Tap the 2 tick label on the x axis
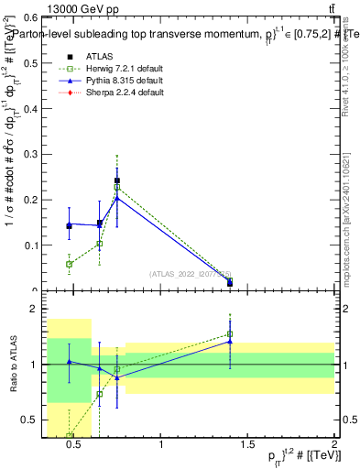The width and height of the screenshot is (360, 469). point(333,446)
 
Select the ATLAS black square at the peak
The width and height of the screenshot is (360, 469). point(117,180)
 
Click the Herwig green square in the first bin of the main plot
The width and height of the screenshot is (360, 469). point(70,264)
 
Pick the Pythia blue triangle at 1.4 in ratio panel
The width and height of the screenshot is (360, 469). point(230,342)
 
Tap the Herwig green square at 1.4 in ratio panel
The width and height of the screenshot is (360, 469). point(230,334)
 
